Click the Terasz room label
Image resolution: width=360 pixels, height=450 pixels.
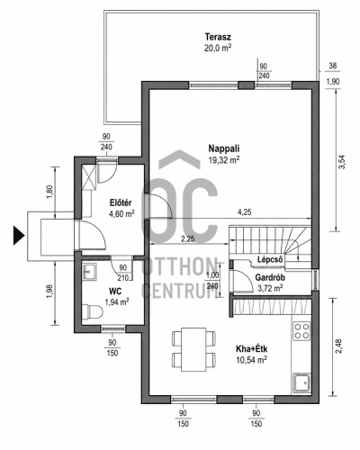click(x=218, y=37)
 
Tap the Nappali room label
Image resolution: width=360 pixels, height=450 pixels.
click(x=224, y=148)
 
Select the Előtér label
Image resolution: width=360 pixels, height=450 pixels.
click(x=121, y=202)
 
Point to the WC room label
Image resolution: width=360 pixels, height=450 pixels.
click(x=115, y=291)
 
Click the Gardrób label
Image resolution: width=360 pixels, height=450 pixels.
click(x=270, y=277)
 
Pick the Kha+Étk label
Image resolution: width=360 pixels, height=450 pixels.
click(x=252, y=349)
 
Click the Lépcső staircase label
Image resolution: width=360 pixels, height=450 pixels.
click(x=270, y=259)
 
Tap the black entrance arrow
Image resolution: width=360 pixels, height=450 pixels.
click(x=19, y=236)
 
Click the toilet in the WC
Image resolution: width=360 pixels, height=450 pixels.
click(x=93, y=311)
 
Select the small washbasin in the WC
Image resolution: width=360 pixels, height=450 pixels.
click(x=89, y=272)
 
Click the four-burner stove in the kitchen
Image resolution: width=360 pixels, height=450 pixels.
click(x=301, y=330)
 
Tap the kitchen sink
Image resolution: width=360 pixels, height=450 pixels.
click(x=301, y=382)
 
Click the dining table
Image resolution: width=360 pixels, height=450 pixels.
click(x=193, y=349)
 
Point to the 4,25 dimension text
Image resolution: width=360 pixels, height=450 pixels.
click(x=244, y=212)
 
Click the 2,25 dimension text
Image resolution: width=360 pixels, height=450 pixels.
click(x=187, y=239)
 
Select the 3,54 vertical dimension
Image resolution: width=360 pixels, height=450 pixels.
click(x=342, y=162)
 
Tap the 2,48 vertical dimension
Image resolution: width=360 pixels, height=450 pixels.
click(x=338, y=346)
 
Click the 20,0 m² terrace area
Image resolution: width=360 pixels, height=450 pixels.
click(x=218, y=48)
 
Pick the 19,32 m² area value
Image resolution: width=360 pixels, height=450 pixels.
click(x=224, y=159)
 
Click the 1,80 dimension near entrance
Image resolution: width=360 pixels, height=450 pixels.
click(x=49, y=192)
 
